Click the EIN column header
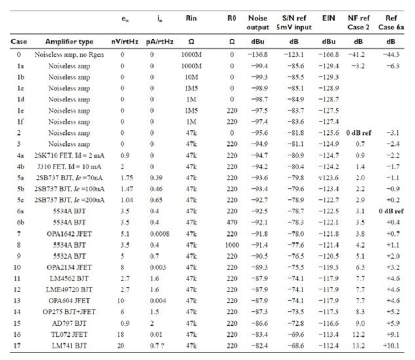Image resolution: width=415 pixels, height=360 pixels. point(328,18)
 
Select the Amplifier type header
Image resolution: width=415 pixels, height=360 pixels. point(69,42)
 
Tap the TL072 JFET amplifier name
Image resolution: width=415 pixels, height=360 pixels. point(69,334)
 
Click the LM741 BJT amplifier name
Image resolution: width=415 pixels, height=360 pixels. point(69,346)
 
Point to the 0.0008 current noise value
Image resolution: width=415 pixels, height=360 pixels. point(160,234)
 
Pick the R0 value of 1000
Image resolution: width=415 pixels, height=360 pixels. point(232,245)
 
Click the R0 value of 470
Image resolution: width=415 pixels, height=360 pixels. point(232,223)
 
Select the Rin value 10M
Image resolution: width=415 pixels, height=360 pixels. point(191,77)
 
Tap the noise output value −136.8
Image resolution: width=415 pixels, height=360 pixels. point(258,55)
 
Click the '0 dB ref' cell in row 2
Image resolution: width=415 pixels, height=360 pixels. point(359,132)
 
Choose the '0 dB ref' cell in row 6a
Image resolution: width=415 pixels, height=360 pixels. point(391,211)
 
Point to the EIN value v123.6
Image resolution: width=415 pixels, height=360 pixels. point(328,177)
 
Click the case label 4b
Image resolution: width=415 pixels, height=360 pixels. point(20,166)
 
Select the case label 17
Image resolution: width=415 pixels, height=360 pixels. point(17,346)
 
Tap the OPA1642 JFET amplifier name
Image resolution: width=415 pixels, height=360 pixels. point(69,234)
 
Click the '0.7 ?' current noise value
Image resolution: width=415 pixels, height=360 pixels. point(157,346)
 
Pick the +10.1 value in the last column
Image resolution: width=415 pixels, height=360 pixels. point(391,346)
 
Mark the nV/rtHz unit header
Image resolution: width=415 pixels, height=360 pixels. point(125,42)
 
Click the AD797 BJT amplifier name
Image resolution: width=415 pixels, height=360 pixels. point(69,323)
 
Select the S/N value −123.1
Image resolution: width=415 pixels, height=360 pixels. point(294,55)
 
